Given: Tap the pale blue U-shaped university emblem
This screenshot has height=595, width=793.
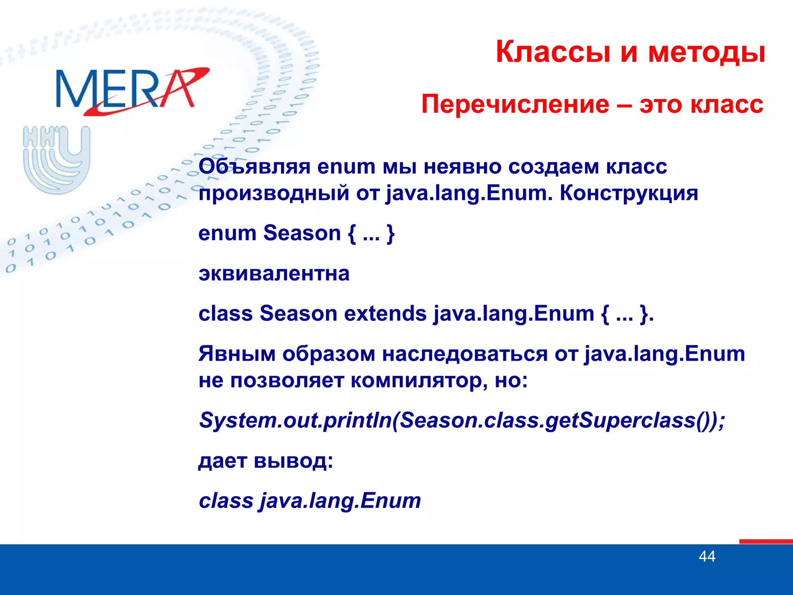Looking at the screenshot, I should (x=57, y=159).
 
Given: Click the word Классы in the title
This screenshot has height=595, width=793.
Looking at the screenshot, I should (x=553, y=52).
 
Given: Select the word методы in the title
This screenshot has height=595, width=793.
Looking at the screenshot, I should (x=707, y=53).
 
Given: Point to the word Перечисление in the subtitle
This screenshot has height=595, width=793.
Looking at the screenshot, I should (x=515, y=105).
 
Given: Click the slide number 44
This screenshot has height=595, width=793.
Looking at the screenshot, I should (x=707, y=556).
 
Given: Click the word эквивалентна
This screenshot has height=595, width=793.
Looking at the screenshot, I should (x=274, y=273).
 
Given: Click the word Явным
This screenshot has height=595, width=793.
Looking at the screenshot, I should (x=237, y=354).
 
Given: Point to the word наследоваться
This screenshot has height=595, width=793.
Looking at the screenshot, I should (x=465, y=354).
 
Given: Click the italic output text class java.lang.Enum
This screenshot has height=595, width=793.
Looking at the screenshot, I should (x=310, y=500).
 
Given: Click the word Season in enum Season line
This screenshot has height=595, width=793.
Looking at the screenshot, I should (x=302, y=233).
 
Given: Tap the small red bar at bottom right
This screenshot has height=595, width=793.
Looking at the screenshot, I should (x=766, y=541).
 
